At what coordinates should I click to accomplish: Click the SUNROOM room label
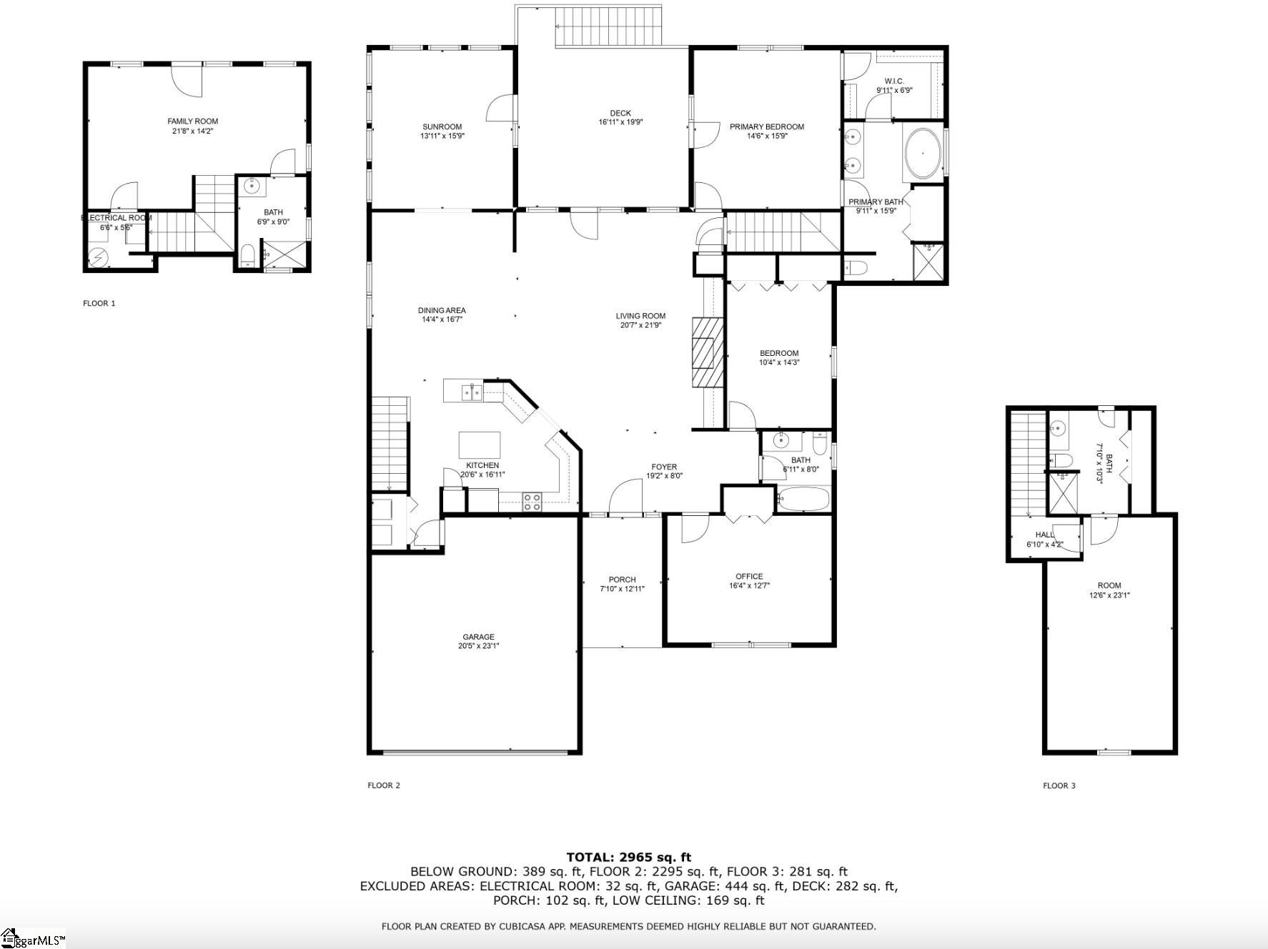pos(442,127)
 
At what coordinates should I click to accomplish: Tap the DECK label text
pos(620,113)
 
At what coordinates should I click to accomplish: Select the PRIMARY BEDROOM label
pos(766,127)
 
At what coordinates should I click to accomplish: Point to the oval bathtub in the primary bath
pos(923,154)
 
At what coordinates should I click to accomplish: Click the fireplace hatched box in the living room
pos(708,352)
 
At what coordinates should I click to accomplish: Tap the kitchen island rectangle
pos(479,445)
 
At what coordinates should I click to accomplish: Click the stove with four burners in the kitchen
pos(532,502)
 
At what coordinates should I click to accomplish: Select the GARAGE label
pos(478,637)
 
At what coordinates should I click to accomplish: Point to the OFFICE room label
pos(749,577)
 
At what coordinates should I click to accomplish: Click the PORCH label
pos(622,580)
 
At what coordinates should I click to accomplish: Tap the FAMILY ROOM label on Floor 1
pos(192,121)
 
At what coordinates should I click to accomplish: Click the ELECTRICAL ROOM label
pos(117,218)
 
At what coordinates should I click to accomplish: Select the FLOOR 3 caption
pos(1059,786)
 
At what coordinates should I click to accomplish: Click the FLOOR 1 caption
pos(99,304)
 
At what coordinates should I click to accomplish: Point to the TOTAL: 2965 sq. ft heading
pos(628,858)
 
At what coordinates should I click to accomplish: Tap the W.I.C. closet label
pos(894,81)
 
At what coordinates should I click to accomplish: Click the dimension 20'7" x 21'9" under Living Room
pos(640,325)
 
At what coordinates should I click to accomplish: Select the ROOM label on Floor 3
pos(1109,585)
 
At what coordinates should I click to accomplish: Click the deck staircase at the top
pos(610,26)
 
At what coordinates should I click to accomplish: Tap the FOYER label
pos(664,467)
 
